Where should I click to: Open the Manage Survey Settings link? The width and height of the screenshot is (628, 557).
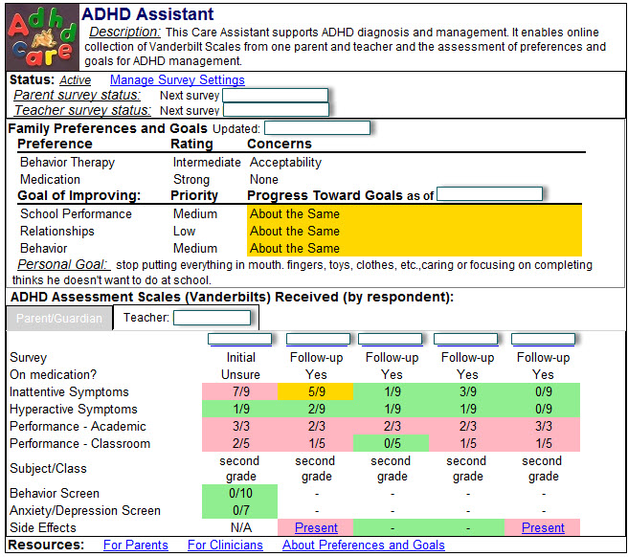(177, 80)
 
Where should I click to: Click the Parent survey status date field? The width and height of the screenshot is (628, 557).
(275, 96)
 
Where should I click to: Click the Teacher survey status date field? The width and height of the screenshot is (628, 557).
(275, 110)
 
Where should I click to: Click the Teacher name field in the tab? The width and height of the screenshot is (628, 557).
(212, 318)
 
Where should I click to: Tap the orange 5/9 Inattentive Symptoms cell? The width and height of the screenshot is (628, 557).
(316, 391)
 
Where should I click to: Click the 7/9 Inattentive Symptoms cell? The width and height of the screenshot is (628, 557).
(240, 391)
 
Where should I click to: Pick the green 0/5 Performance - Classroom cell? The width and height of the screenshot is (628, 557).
(392, 443)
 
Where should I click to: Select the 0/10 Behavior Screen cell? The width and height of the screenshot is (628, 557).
(240, 493)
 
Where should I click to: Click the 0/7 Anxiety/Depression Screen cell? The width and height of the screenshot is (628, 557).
(240, 510)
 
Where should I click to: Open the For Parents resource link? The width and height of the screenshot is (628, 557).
(136, 546)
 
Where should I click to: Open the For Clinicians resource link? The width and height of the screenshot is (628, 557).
(225, 546)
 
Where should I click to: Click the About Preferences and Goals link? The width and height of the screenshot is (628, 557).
(363, 546)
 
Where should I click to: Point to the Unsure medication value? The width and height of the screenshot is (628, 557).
(240, 374)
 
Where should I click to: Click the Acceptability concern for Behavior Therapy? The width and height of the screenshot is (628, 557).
(285, 163)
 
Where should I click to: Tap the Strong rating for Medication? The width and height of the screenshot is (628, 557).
(191, 180)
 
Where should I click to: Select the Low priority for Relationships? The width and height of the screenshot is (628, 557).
(185, 232)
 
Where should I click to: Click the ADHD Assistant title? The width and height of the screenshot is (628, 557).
(147, 15)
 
